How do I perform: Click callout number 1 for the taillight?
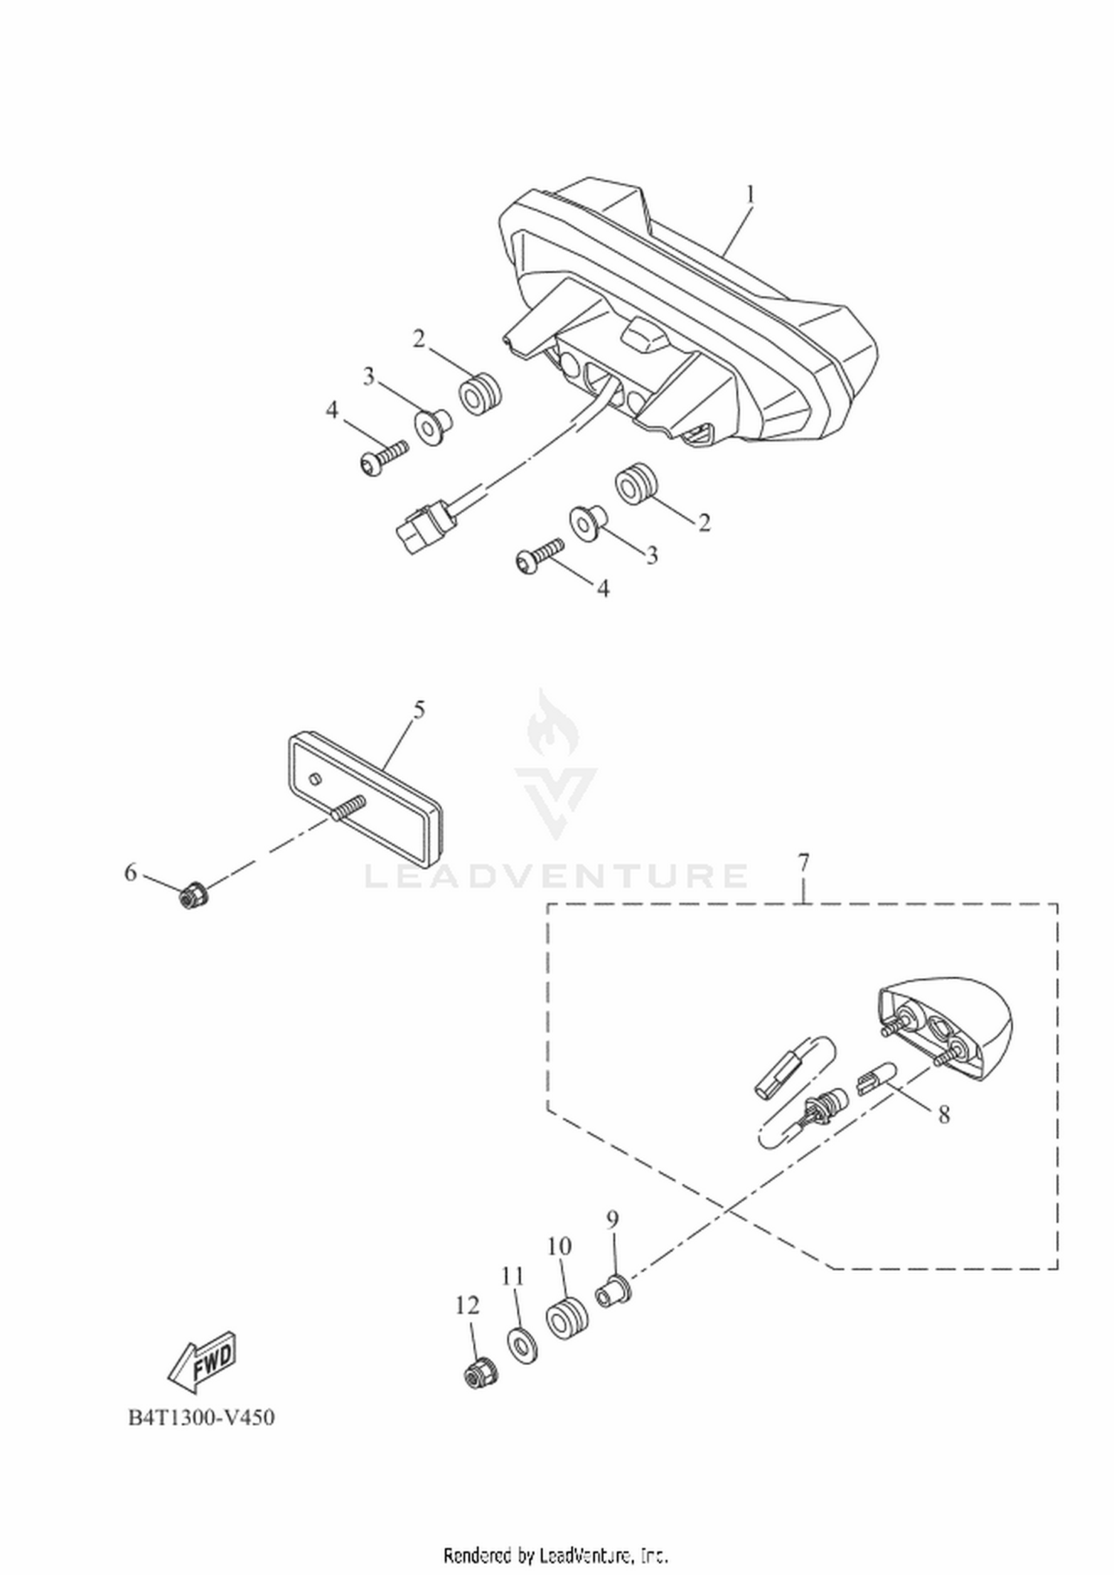[x=750, y=195]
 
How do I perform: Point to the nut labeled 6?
[x=195, y=897]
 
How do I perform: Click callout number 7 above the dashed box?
[x=804, y=863]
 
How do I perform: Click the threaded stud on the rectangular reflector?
[x=348, y=807]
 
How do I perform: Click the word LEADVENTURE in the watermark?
[x=556, y=876]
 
